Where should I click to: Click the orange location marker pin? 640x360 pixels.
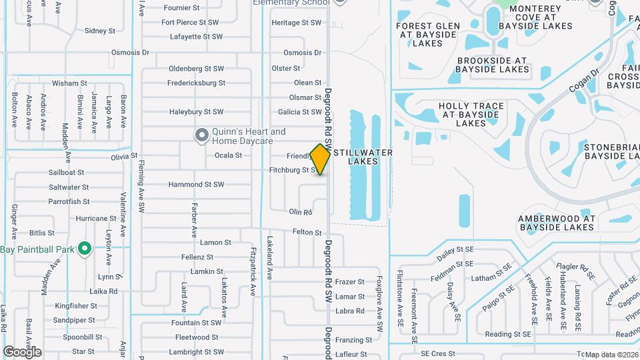click(x=321, y=159)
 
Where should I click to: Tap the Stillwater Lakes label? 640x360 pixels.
click(x=363, y=157)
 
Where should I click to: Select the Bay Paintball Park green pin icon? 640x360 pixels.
click(x=84, y=249)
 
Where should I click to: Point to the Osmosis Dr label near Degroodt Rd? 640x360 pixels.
click(x=302, y=53)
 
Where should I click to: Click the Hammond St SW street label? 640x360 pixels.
click(x=195, y=184)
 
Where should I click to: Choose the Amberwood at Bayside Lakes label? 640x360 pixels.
click(x=556, y=223)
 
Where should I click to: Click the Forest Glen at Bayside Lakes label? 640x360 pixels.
click(x=428, y=35)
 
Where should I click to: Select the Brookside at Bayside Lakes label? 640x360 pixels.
click(x=493, y=64)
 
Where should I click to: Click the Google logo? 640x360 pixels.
click(x=22, y=351)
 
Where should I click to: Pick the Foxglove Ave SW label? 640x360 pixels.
click(x=379, y=304)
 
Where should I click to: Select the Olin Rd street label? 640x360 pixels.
click(x=301, y=212)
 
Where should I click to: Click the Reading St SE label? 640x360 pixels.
click(x=508, y=334)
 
